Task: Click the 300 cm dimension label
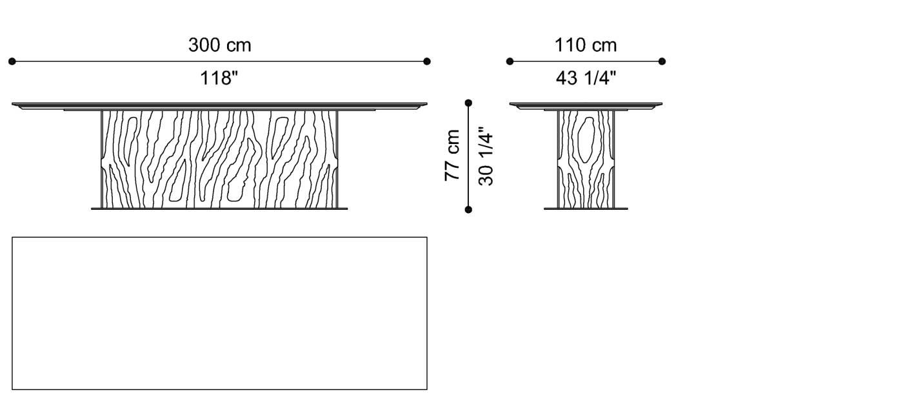pos(219,45)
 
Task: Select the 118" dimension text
pos(219,79)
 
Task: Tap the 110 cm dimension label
pos(586,45)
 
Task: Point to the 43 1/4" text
pos(586,79)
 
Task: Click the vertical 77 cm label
pos(453,156)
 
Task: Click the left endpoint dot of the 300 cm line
pos(12,61)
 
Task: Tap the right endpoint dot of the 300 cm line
pos(427,61)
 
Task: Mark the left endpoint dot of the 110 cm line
pos(510,61)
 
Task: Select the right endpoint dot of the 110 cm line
pos(662,61)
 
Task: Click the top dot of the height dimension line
pos(468,103)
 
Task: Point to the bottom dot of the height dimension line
pos(468,209)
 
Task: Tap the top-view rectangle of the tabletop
pos(219,313)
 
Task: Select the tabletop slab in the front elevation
pos(219,105)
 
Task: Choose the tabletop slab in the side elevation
pos(586,105)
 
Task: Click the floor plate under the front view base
pos(219,209)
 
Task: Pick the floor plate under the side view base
pos(586,209)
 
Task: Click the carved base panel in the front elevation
pos(219,158)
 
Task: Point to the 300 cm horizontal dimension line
pos(129,61)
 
